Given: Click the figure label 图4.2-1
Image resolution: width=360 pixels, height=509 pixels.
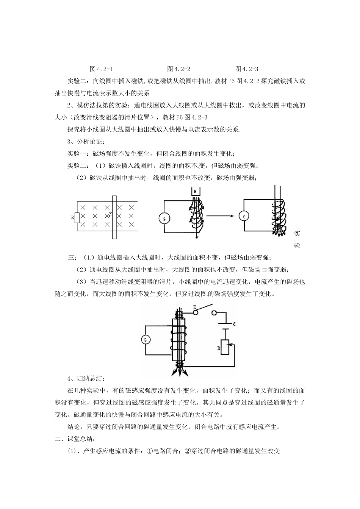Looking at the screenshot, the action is (101, 69).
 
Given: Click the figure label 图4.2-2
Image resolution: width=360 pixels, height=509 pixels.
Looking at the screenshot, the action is (178, 69).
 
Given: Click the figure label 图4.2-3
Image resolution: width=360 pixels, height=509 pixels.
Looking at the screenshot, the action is (247, 69).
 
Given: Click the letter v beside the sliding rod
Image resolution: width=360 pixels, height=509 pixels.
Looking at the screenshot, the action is (110, 214).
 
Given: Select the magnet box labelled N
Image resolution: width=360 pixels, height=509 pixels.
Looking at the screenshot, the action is (195, 192).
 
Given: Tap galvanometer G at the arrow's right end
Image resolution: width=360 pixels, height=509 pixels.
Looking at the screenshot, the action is (244, 216).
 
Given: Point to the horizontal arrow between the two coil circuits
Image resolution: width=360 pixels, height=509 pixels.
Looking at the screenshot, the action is (220, 216).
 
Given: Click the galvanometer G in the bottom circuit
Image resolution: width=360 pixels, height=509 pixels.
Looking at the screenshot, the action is (145, 340).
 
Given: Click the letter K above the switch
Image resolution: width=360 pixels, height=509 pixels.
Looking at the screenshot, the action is (195, 308).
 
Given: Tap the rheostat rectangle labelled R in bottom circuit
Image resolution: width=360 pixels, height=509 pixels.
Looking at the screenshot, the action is (225, 347).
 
